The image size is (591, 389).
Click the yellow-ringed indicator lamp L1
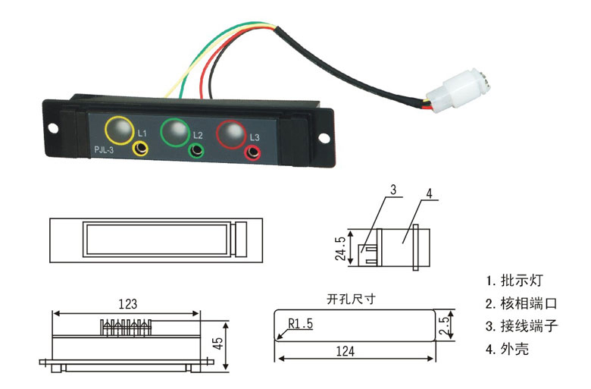click(x=119, y=130)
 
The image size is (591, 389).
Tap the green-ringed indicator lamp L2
click(x=175, y=132)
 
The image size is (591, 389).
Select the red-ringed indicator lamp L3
click(x=231, y=134)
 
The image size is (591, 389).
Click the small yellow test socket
click(x=140, y=149)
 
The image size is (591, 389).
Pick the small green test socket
click(x=196, y=151)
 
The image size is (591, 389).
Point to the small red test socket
click(x=253, y=153)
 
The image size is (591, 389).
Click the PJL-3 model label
click(x=104, y=150)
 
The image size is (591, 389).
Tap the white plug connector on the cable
click(x=458, y=90)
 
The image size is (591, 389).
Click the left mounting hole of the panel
click(x=53, y=129)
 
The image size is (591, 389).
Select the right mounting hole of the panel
click(x=324, y=138)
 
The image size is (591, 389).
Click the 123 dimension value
click(x=128, y=304)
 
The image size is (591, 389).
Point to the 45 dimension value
click(x=218, y=344)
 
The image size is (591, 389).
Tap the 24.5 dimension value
click(x=340, y=249)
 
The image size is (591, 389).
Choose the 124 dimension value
click(x=346, y=352)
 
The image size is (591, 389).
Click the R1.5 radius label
click(x=300, y=324)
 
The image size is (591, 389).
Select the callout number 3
click(x=393, y=190)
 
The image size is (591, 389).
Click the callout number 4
click(x=430, y=193)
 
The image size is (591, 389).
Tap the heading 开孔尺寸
click(x=351, y=300)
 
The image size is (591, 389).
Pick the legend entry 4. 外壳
click(x=508, y=349)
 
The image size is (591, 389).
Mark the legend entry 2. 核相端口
click(x=521, y=303)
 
